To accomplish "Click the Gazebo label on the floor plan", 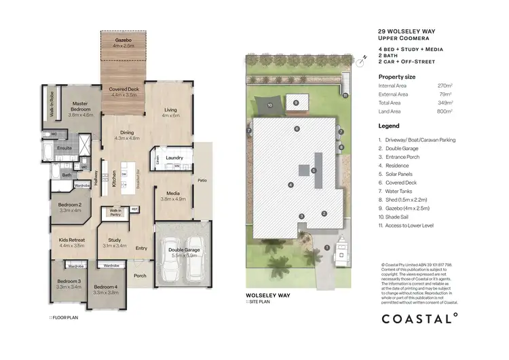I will coord(122,40).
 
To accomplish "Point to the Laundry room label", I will coord(174,158).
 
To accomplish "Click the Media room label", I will coord(172,194).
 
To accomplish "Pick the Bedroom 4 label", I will coord(105,287).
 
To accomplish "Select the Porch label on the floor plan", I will coord(140,276).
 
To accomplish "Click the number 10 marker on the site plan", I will coord(269,106).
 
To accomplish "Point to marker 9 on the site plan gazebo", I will coord(295,102).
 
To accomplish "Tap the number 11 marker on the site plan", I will coord(345,96).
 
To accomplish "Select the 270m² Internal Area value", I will coord(445,86).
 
